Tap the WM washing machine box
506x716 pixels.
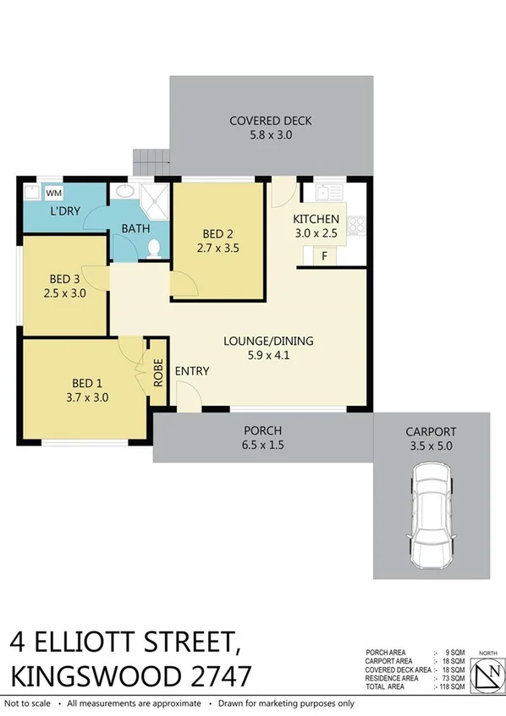pos(53,193)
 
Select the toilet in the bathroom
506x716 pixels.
pos(153,248)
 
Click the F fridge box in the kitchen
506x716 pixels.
pos(325,255)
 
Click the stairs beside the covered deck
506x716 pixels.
pos(151,159)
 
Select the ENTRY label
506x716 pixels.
pos(192,371)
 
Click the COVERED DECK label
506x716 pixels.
pos(271,121)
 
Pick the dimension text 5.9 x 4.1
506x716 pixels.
pos(268,356)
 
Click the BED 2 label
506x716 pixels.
pos(217,234)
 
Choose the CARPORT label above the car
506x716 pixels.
pos(431,430)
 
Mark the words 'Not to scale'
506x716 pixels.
pos(28,703)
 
